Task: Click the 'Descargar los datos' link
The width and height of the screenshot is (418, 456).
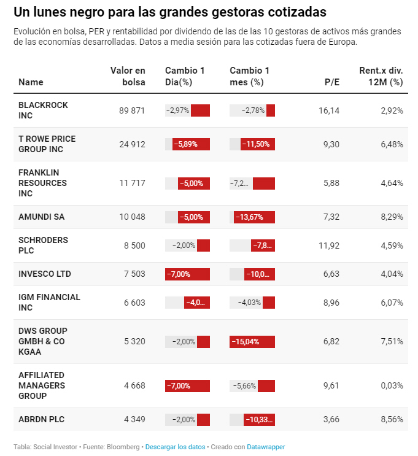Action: pos(175,447)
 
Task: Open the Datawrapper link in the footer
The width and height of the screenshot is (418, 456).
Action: pos(266,447)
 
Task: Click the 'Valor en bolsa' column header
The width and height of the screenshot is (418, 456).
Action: pos(128,77)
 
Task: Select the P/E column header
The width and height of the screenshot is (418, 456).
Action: pos(331,82)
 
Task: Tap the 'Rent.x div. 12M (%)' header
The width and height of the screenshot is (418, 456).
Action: pos(381,77)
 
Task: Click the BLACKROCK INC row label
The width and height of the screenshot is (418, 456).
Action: pos(43,110)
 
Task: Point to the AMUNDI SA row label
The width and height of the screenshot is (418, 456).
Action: pos(41,217)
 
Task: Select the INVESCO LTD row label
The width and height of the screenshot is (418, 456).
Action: pos(45,274)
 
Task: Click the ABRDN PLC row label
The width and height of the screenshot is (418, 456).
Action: pos(41,420)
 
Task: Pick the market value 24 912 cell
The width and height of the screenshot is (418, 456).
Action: pos(132,144)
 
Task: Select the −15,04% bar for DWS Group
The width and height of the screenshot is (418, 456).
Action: pos(252,342)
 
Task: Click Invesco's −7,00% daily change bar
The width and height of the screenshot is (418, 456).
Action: pos(188,274)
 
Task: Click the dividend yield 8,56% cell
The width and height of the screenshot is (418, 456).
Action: pos(391,420)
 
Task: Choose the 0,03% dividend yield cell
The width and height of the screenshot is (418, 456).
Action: pos(391,385)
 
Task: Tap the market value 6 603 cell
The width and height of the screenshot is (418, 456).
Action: pos(134,303)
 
